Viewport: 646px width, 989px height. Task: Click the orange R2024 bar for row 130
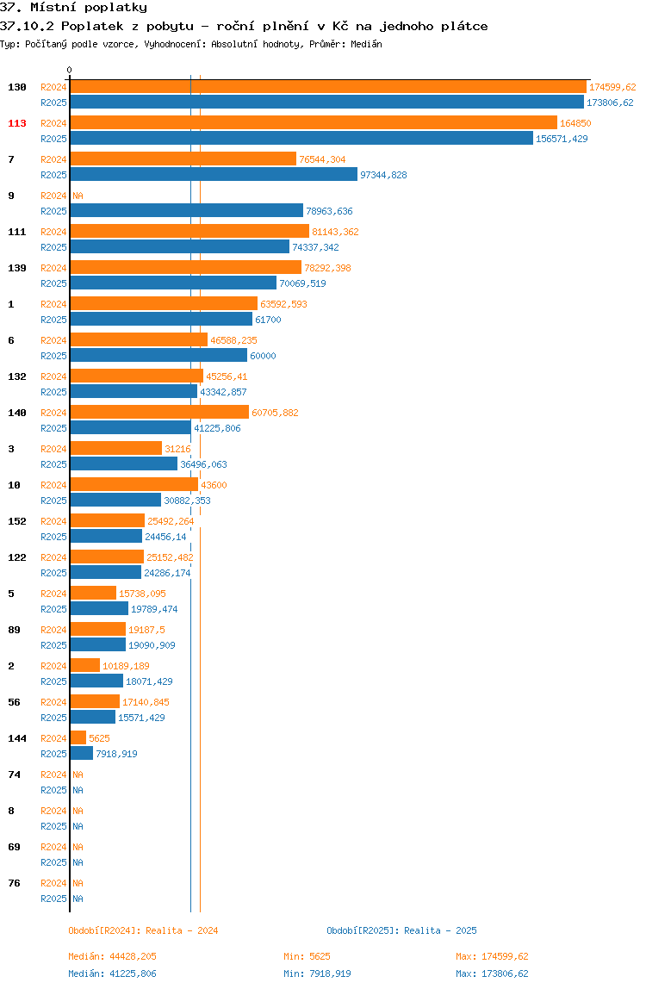click(x=328, y=87)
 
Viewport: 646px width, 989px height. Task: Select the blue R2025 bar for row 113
click(x=301, y=139)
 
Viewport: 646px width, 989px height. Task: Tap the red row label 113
click(x=17, y=123)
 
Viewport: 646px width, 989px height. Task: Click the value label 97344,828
click(x=383, y=175)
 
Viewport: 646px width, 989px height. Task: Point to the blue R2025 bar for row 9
click(x=187, y=211)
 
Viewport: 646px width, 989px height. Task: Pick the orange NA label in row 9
click(x=78, y=196)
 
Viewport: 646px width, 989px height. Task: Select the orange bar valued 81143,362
click(x=189, y=232)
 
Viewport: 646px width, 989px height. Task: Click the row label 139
click(x=17, y=268)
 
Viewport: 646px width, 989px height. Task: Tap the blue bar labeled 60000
click(x=158, y=356)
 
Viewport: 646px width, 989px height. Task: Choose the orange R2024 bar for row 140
click(x=159, y=413)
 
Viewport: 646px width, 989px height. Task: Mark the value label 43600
click(x=214, y=485)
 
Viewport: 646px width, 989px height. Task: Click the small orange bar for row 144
click(x=78, y=738)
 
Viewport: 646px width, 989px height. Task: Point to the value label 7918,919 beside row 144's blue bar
click(x=116, y=754)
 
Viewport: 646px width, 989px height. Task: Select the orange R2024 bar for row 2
click(x=85, y=665)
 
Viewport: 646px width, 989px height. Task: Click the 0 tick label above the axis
click(x=70, y=70)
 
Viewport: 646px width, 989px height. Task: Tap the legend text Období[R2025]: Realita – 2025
click(x=402, y=930)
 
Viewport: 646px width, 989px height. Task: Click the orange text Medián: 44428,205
click(x=112, y=956)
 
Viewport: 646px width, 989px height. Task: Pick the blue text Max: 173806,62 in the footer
click(x=492, y=973)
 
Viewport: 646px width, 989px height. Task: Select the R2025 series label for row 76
click(x=53, y=899)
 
